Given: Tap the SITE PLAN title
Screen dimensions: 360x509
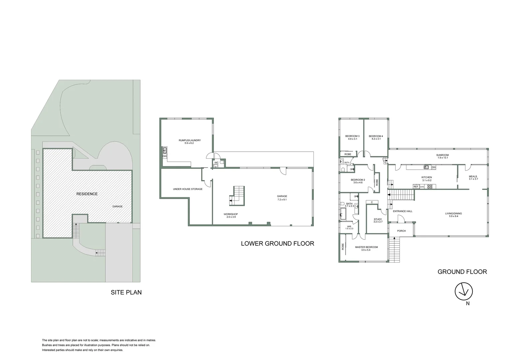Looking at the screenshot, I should pos(126,292).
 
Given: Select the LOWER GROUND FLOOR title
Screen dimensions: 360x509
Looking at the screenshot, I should pos(277,243).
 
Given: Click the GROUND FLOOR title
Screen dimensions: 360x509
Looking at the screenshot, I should pos(462,272).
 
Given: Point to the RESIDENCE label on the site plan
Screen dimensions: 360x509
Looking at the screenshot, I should pos(87,194).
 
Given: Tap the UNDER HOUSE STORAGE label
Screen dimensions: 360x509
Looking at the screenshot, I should pos(188,189).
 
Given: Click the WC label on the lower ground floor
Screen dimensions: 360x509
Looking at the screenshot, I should pos(216,163).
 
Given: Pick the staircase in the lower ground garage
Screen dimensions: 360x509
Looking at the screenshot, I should pos(238,195).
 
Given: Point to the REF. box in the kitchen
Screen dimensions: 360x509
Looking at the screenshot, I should pos(416,187).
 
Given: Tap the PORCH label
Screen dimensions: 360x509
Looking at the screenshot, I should pos(401,231).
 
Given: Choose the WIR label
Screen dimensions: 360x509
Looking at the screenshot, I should pos(349,227).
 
